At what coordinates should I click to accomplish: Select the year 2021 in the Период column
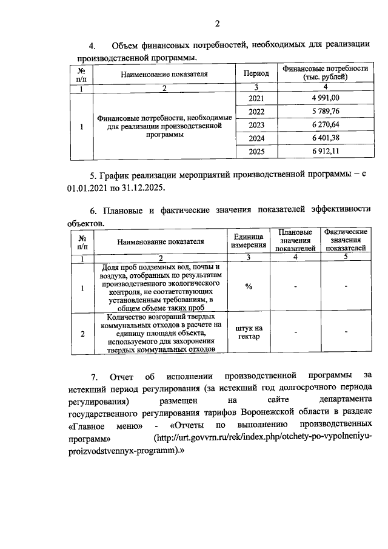[x=257, y=99]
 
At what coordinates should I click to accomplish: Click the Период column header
[x=257, y=73]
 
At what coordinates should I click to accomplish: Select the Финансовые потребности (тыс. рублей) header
[x=326, y=73]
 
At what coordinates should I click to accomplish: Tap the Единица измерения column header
[x=249, y=241]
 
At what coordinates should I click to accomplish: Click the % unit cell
[x=249, y=286]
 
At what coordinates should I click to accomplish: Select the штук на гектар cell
[x=249, y=333]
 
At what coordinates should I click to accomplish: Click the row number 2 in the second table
[x=82, y=333]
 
